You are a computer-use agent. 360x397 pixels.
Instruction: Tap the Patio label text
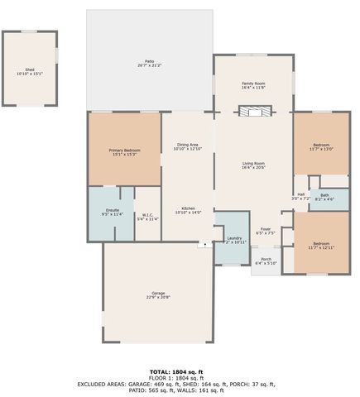click(150, 63)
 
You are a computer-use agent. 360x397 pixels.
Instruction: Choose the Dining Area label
click(186, 147)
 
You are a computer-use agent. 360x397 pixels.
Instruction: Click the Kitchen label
click(188, 210)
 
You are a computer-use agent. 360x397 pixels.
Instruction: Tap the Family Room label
click(253, 85)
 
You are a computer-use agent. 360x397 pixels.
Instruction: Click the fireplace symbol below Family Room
click(252, 112)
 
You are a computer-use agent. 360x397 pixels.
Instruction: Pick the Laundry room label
click(235, 240)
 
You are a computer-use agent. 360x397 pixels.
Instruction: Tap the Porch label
click(266, 261)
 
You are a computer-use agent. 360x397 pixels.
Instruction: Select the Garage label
click(157, 295)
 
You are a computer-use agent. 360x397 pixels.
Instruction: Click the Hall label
click(300, 197)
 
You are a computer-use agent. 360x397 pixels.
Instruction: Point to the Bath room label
click(324, 197)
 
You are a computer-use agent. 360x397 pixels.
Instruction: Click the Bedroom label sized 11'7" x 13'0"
click(320, 147)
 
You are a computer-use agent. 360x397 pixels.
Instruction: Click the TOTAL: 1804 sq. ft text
click(176, 372)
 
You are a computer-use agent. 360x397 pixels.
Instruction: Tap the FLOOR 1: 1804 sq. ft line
click(176, 378)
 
